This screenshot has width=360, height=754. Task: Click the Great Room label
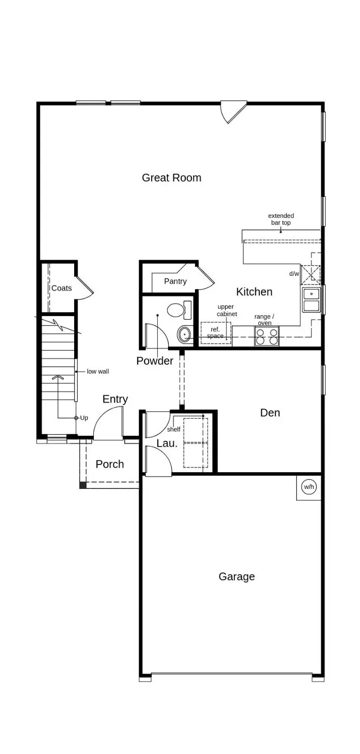[171, 178]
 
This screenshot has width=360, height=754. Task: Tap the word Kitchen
[254, 292]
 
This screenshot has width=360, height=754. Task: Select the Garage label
[236, 576]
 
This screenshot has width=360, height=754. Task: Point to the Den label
[270, 413]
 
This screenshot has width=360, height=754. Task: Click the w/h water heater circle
[309, 486]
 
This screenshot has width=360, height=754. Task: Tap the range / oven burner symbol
[266, 336]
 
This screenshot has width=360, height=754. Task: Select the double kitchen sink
[311, 300]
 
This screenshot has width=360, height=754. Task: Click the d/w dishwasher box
[310, 274]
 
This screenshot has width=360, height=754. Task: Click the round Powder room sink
[184, 335]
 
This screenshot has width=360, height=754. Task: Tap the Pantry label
[175, 281]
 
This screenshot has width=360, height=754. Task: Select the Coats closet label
[61, 288]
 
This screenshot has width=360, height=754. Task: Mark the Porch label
[110, 464]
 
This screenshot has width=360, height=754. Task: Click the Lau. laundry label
[166, 443]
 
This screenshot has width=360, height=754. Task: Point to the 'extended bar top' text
[281, 219]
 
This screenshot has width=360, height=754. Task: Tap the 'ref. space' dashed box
[215, 333]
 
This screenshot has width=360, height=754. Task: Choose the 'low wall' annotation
[98, 372]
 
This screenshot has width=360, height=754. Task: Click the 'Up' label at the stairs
[84, 418]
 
